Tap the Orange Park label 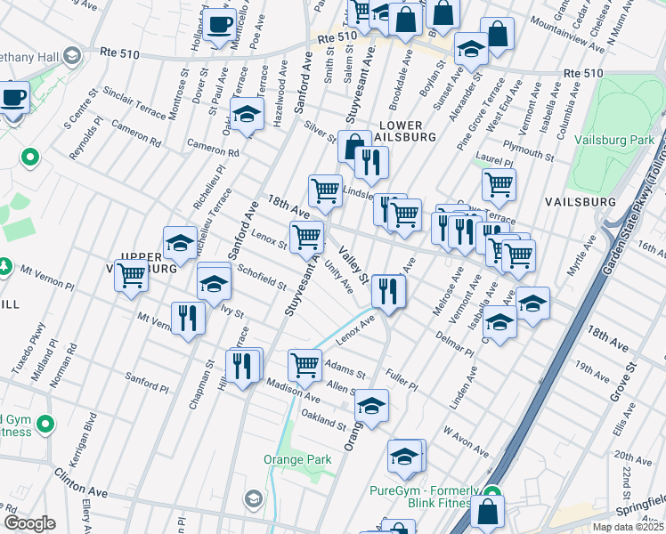(297, 459)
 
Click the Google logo (29, 523)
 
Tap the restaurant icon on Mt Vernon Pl (187, 318)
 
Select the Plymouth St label (528, 148)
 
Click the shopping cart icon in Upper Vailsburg (133, 277)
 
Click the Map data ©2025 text (628, 526)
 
